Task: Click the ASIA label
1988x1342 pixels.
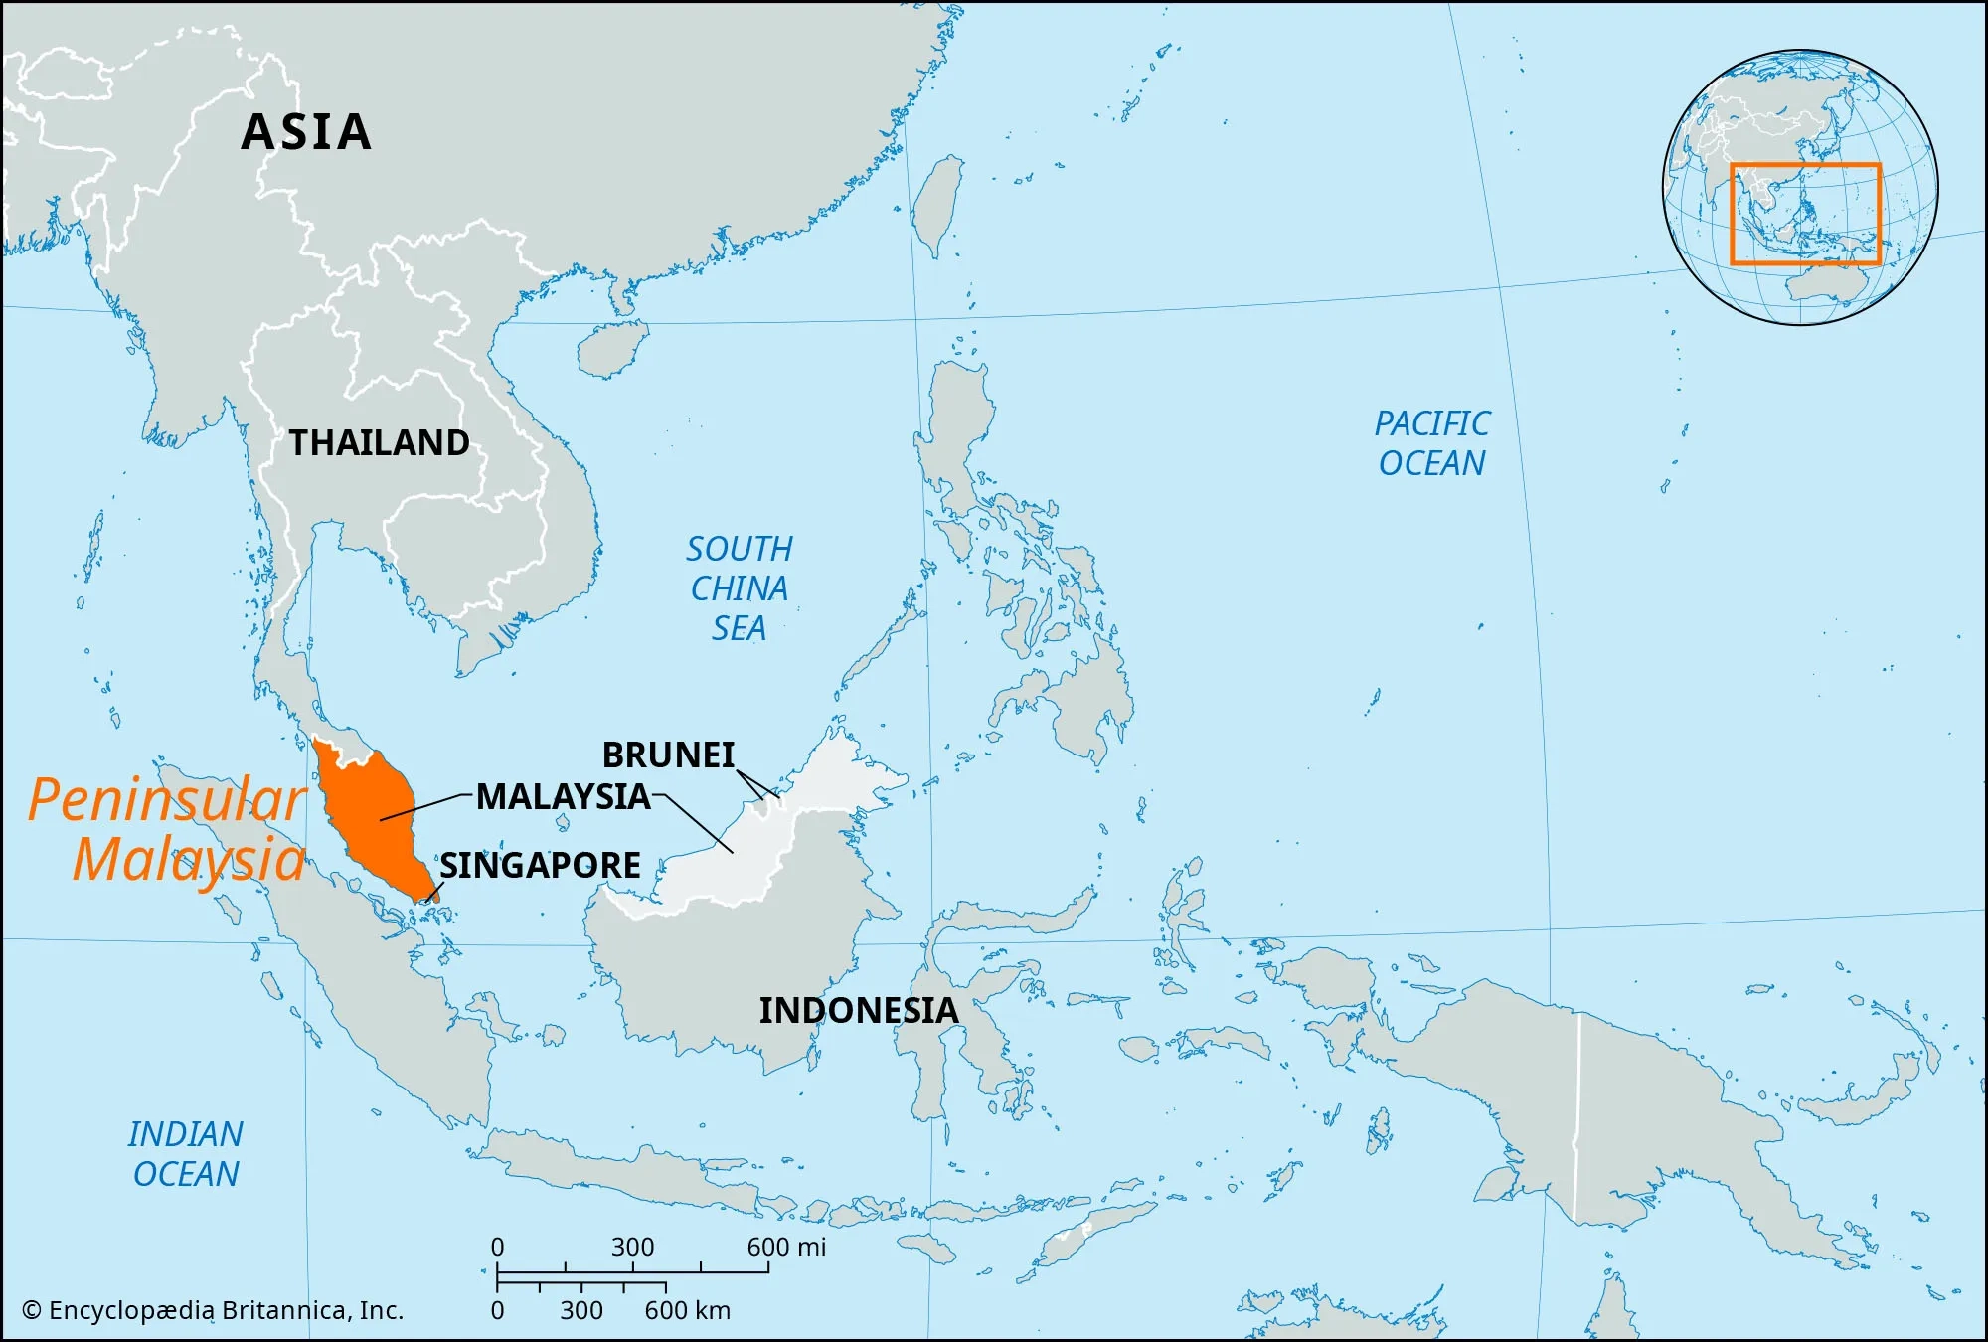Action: click(x=306, y=132)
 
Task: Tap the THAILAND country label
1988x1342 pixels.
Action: click(x=379, y=442)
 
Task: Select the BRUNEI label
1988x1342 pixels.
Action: click(x=668, y=755)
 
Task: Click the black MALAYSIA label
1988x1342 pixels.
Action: click(x=563, y=796)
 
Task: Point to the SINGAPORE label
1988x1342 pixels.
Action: click(x=540, y=865)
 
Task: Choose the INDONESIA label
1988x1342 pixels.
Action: click(x=858, y=1010)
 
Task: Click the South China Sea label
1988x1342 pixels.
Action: click(x=739, y=588)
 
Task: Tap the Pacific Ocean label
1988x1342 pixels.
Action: click(x=1431, y=443)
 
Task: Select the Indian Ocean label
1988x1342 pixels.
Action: click(x=186, y=1154)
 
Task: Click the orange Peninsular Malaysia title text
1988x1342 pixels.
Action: click(x=167, y=829)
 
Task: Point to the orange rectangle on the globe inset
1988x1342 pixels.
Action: click(x=1805, y=214)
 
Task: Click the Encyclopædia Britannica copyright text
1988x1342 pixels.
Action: click(x=213, y=1310)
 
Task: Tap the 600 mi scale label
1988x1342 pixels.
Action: click(x=786, y=1247)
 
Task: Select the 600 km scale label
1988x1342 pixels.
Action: click(x=687, y=1310)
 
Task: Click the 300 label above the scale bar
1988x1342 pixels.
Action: click(x=632, y=1247)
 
